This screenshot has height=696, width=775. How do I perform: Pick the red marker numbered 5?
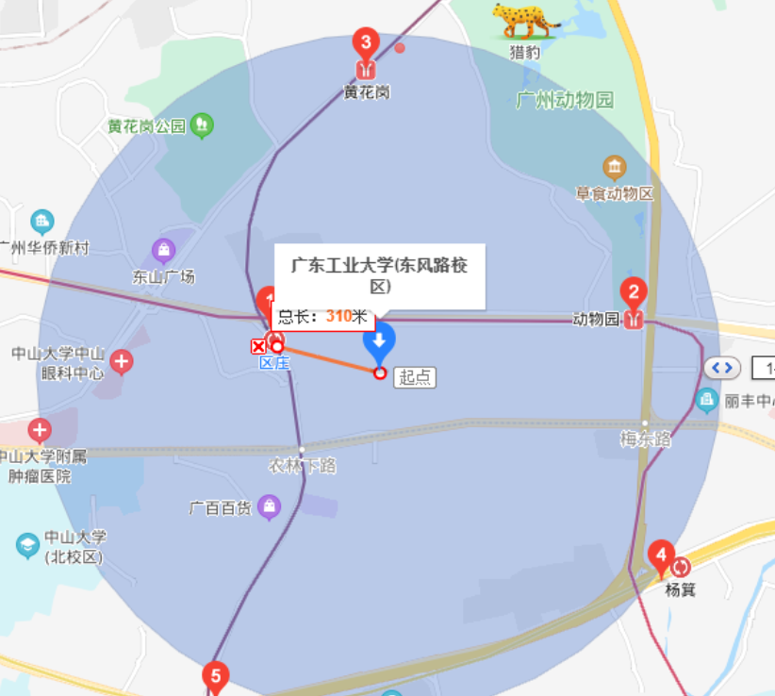point(216,676)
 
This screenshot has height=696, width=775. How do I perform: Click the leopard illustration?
point(524,20)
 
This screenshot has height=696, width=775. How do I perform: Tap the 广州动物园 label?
point(565,100)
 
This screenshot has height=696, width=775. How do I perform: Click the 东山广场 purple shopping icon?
point(164,250)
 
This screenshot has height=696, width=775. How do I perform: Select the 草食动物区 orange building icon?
point(615,168)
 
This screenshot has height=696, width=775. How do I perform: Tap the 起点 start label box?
point(415,377)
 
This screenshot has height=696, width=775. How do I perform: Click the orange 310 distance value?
point(338,317)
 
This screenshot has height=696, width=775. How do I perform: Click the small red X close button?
point(258,347)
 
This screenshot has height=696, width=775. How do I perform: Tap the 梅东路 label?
point(646,439)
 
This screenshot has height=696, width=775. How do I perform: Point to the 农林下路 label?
point(302,466)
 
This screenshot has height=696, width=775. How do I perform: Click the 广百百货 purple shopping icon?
point(271,506)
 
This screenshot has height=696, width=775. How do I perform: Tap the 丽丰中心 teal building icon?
point(707,400)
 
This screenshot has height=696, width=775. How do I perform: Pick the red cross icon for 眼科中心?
point(121,361)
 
